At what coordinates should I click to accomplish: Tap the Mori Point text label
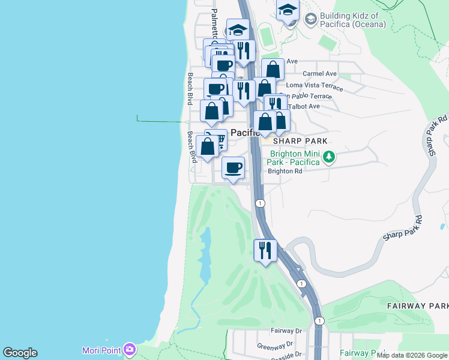(101, 350)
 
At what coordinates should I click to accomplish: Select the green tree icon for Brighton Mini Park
(328, 157)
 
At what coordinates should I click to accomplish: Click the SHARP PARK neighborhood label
(300, 141)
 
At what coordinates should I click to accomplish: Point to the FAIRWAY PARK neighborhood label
(417, 306)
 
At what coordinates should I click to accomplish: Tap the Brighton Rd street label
(285, 171)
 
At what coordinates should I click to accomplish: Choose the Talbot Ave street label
(306, 106)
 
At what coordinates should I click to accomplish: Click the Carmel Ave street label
(320, 74)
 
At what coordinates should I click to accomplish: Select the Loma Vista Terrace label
(315, 87)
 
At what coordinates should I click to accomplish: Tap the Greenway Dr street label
(275, 346)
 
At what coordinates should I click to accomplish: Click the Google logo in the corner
(20, 353)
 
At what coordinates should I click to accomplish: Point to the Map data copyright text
(412, 355)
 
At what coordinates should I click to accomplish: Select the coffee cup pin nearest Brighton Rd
(233, 167)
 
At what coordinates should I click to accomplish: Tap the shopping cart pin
(218, 140)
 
